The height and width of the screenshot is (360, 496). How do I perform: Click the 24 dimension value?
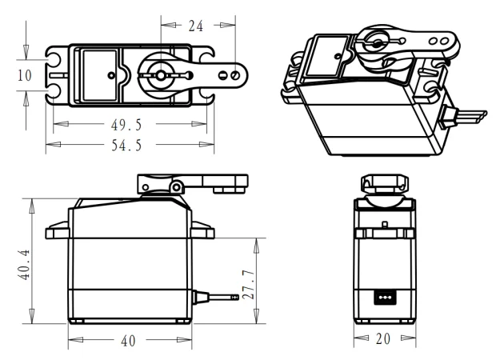(x=196, y=26)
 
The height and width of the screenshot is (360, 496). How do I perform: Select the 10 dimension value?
(x=25, y=75)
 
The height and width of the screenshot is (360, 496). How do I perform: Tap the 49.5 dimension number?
(x=126, y=125)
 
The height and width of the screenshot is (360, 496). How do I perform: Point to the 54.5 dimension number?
(x=126, y=146)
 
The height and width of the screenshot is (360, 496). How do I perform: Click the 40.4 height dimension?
(x=24, y=265)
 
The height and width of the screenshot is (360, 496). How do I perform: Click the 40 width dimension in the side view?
(x=128, y=341)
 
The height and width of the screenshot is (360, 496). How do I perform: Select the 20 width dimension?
(x=383, y=339)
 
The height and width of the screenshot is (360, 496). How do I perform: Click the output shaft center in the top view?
(x=161, y=75)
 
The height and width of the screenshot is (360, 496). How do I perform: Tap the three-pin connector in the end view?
(x=385, y=298)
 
